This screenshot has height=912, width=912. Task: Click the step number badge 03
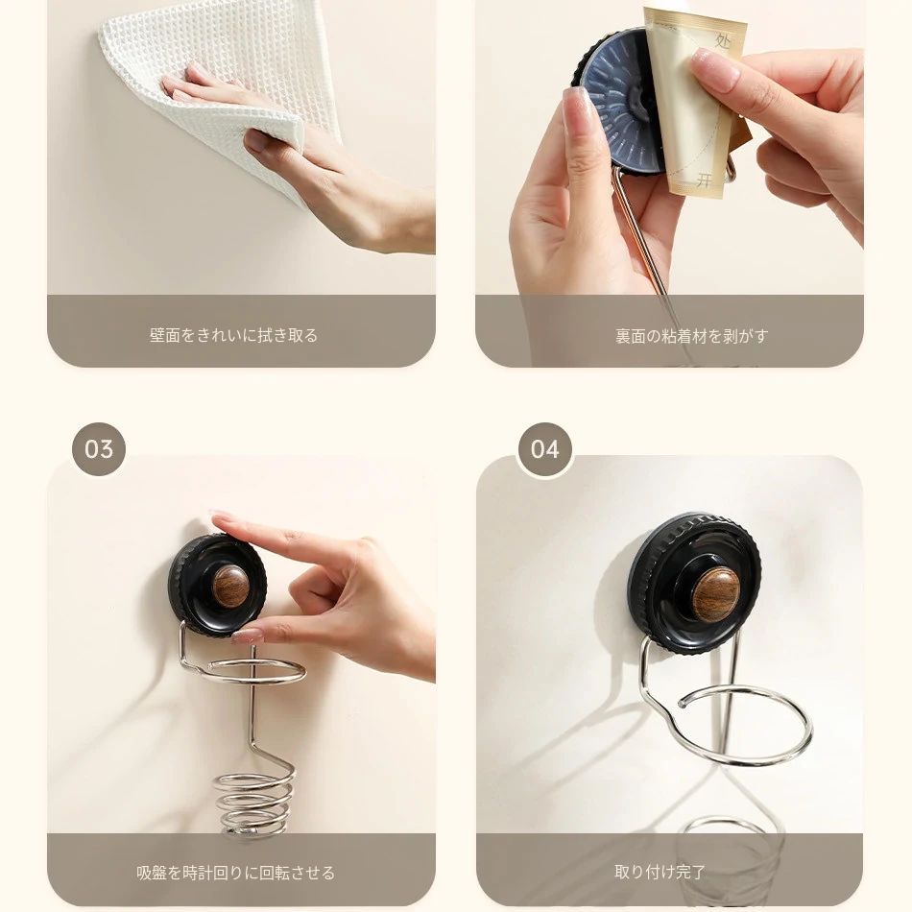pos(99,449)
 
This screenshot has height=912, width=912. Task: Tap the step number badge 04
pos(545,449)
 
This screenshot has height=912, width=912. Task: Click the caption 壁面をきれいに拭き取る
pos(234,336)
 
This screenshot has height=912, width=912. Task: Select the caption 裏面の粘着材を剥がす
pos(691,336)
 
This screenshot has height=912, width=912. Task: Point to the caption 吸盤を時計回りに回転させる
pos(235,873)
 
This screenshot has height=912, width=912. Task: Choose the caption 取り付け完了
pos(660,872)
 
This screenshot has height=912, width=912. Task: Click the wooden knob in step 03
pos(231,587)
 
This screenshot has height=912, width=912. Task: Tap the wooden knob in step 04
pos(716,595)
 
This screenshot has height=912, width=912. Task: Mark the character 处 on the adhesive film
pos(722,40)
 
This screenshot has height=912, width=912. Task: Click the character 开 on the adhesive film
pos(705,180)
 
